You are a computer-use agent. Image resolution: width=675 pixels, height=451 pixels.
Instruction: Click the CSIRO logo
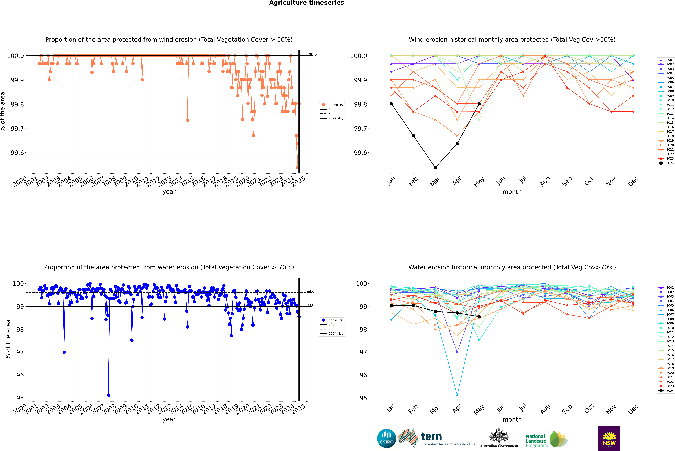point(386,438)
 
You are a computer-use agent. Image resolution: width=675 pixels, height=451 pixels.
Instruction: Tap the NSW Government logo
point(609,438)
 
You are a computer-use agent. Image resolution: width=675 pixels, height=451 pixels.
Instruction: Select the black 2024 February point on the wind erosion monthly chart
point(413,135)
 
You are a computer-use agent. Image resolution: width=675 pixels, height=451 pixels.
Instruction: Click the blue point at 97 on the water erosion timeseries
point(64,352)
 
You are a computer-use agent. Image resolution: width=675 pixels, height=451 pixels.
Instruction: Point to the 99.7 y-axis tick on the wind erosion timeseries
point(17,128)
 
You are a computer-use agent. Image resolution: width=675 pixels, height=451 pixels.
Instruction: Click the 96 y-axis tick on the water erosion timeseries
point(20,375)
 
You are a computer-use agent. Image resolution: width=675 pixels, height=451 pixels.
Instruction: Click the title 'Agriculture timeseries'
point(306,3)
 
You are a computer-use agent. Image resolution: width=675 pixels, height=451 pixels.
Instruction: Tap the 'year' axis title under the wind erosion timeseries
point(169,192)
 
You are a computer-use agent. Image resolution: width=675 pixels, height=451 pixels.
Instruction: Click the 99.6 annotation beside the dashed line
point(310,291)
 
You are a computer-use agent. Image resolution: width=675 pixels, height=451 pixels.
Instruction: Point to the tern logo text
point(431,436)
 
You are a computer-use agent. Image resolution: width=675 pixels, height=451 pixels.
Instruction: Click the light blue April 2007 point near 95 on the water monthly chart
point(457,395)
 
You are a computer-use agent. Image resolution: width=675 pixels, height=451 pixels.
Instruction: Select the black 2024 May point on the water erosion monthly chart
point(479,317)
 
